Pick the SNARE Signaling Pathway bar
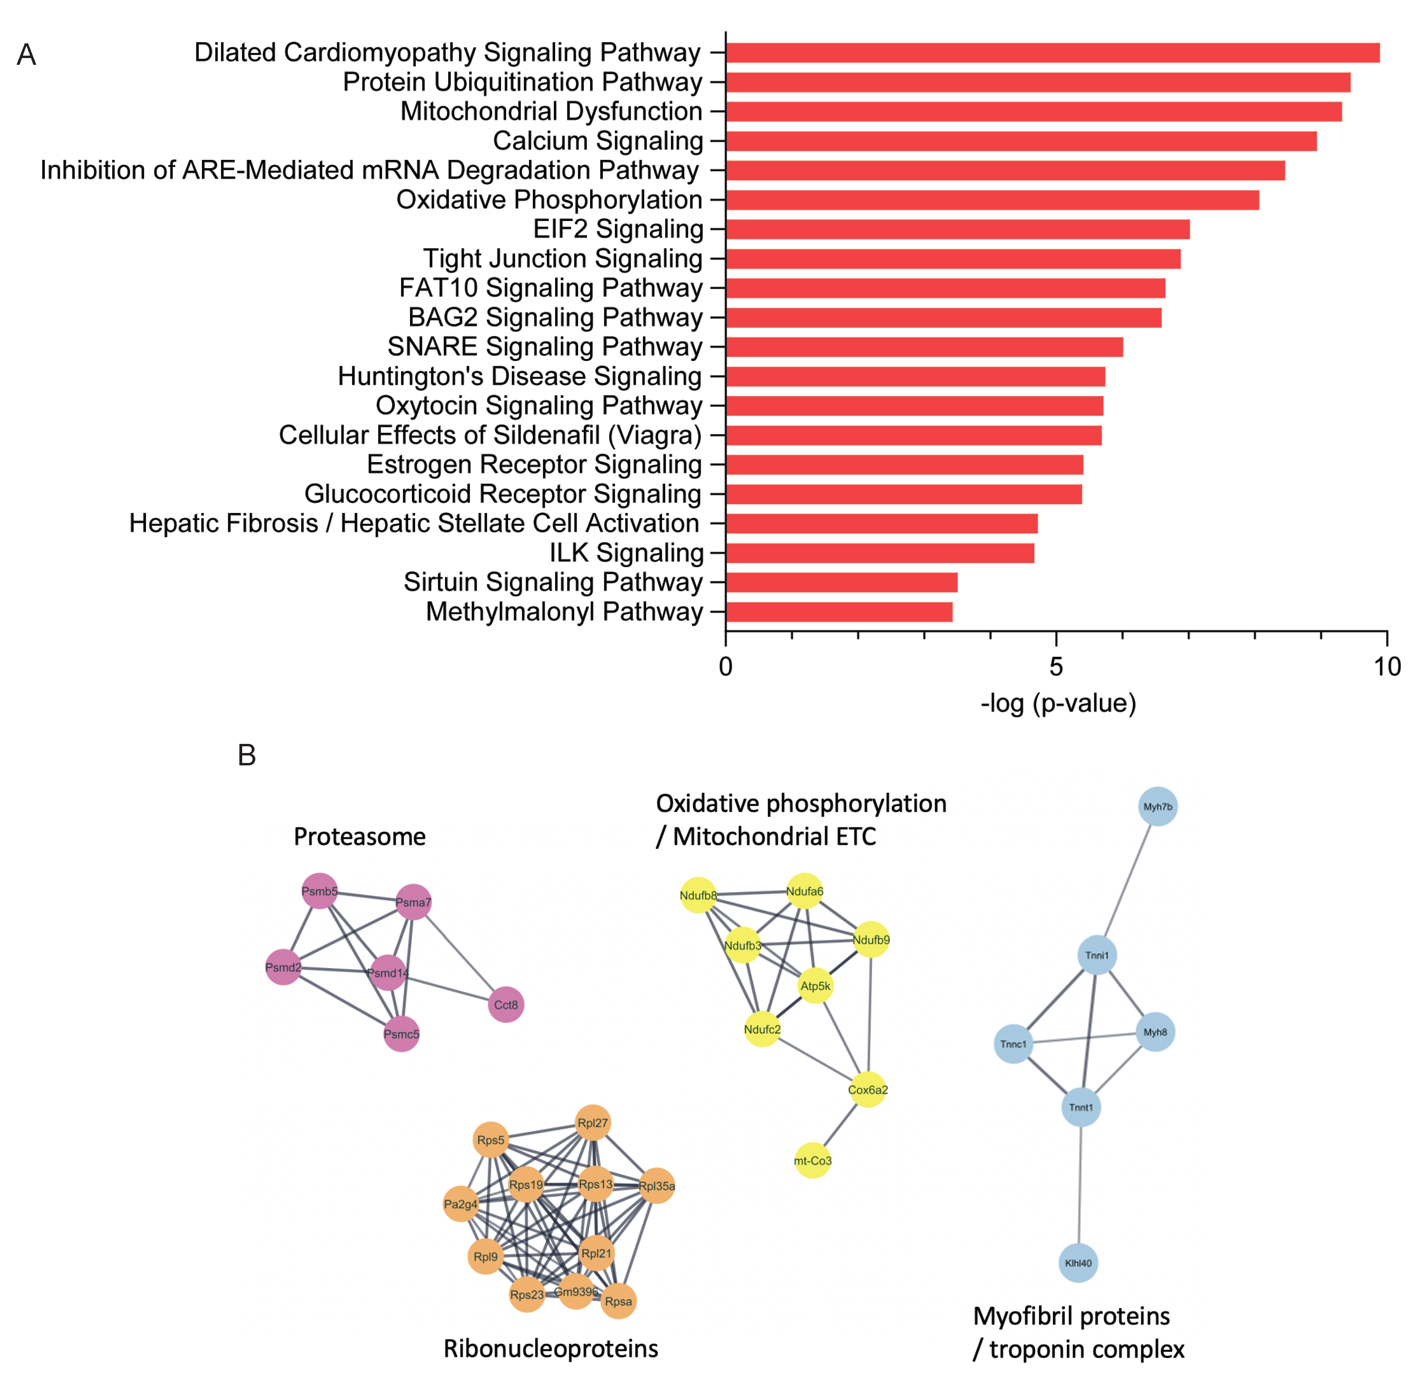coord(924,347)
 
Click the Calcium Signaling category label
coord(598,141)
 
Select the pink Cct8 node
coord(506,1005)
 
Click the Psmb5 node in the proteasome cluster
coord(319,891)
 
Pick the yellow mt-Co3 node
coord(812,1161)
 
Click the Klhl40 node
coord(1078,1263)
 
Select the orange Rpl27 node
coord(593,1123)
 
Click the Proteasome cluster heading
coord(359,836)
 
